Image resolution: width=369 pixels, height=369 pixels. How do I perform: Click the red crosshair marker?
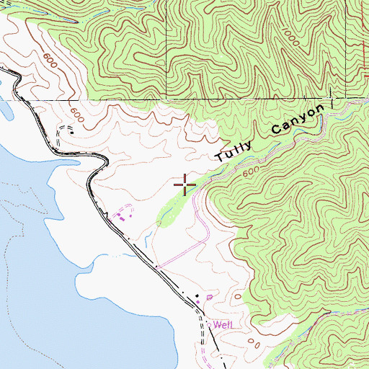click(185, 185)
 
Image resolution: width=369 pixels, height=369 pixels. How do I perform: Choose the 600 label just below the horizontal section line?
click(76, 112)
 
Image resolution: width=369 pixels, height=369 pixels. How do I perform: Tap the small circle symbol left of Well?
click(209, 324)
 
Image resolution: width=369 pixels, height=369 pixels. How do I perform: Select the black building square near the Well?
click(196, 296)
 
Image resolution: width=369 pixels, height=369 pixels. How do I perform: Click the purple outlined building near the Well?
click(210, 296)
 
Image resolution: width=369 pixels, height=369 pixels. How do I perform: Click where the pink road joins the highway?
click(158, 266)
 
